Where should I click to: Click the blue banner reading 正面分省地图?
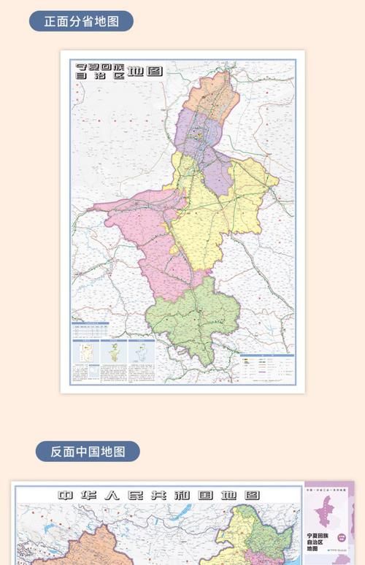80,20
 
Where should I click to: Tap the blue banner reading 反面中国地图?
88,451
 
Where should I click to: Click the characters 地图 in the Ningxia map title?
146,71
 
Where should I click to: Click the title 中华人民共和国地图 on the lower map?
158,496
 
